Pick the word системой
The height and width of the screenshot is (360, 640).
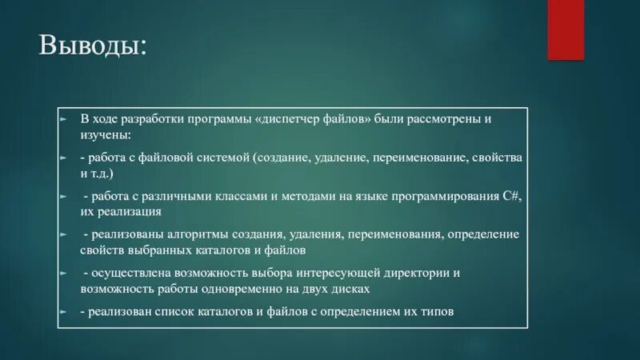coord(226,157)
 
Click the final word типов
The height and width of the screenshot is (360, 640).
coord(437,312)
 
